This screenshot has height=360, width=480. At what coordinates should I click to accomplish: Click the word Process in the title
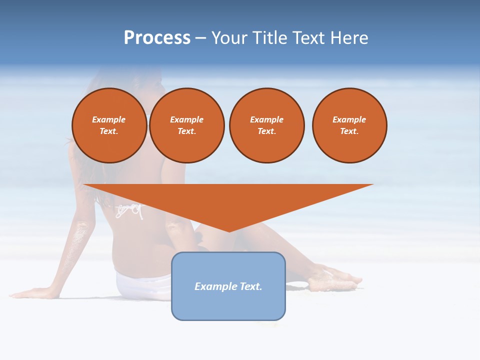point(157,38)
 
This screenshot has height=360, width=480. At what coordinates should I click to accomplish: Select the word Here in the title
point(349,38)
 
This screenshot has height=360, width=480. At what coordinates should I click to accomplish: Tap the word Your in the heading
point(230,38)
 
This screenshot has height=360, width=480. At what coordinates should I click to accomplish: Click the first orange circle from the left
point(109,125)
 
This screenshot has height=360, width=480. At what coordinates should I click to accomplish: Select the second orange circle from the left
point(187,125)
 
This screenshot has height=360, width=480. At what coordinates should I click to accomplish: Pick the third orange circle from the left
point(267,125)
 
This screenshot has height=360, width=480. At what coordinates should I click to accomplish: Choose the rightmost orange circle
point(349,125)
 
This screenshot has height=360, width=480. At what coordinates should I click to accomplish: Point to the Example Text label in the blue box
point(228,286)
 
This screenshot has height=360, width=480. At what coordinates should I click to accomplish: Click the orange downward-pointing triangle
point(228,200)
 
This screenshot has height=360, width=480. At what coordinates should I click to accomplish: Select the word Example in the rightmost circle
point(349,119)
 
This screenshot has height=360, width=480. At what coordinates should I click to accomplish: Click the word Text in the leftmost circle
point(108,131)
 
